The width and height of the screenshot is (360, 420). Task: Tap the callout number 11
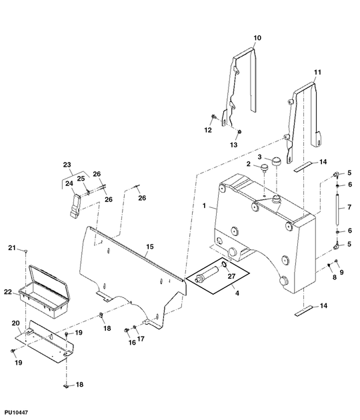[317, 71]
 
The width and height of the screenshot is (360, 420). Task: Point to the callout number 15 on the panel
[150, 247]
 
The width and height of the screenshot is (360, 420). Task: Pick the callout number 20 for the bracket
[17, 323]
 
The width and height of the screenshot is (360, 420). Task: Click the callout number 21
[11, 249]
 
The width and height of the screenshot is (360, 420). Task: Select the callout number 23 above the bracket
[67, 164]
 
